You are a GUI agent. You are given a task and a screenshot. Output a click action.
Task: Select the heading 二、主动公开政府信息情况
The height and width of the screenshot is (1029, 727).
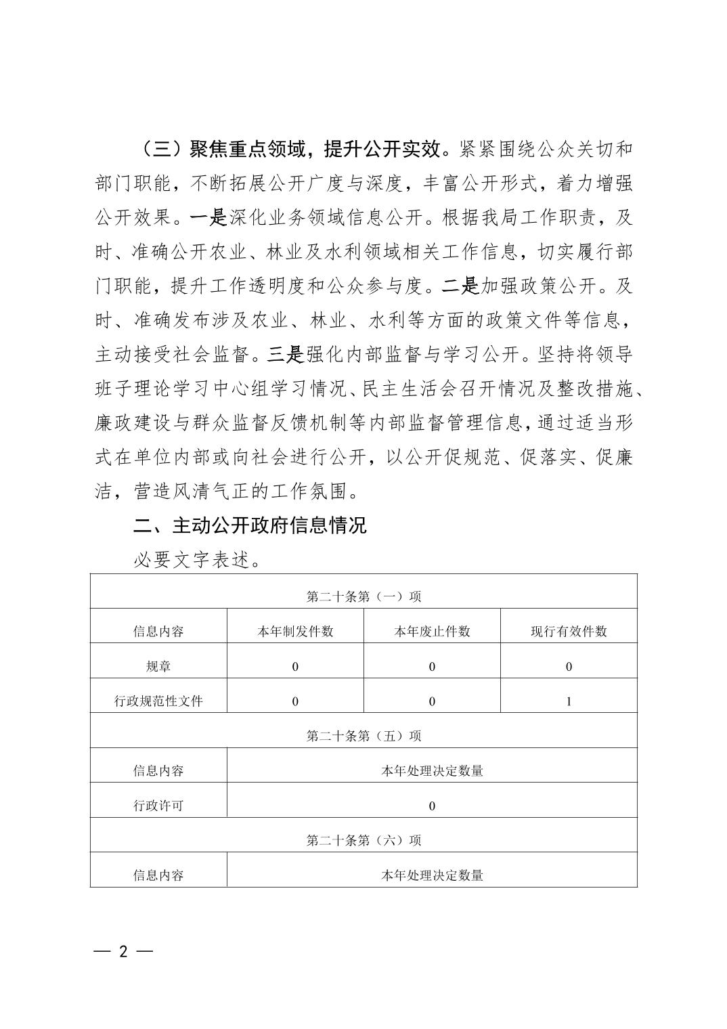[x=250, y=525]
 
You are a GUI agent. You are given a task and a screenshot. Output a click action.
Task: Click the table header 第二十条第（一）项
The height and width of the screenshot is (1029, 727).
[x=363, y=596]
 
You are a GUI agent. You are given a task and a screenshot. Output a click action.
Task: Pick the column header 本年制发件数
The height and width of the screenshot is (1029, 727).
[x=295, y=632]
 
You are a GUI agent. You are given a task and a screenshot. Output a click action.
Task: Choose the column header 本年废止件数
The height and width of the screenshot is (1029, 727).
[x=432, y=632]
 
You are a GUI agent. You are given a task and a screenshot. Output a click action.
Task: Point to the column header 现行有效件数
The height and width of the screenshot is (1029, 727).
[x=569, y=632]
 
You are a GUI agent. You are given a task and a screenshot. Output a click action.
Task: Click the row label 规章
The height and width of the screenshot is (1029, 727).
[x=158, y=666]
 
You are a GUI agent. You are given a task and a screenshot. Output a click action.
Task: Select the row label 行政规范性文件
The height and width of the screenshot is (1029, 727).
[x=158, y=701]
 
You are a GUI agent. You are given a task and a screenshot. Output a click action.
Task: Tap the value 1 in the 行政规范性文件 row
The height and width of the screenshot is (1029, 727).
[x=569, y=701]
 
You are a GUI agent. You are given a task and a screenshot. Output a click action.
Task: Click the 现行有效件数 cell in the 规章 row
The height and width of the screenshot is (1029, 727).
[x=569, y=666]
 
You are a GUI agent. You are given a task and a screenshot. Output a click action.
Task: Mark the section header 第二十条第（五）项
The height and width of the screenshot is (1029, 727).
[x=363, y=736]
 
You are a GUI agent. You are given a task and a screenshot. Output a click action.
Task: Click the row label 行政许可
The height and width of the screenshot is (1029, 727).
[x=158, y=806]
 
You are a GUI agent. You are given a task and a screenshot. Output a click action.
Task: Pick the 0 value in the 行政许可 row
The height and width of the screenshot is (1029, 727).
[x=432, y=806]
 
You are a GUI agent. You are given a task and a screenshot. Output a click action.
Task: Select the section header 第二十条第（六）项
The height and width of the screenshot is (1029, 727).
[x=363, y=840]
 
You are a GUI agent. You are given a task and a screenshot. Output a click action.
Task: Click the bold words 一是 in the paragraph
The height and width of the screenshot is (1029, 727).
[x=208, y=218]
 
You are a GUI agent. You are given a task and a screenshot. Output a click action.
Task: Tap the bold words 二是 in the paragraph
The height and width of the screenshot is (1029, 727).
[x=460, y=286]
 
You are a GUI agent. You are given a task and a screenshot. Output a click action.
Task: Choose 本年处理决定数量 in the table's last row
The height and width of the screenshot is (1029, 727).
[x=432, y=875]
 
